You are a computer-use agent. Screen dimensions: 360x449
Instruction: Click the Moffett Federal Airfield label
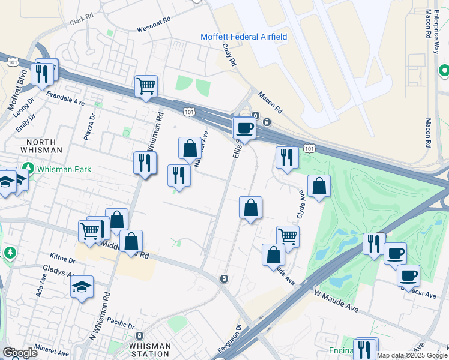pos(243,37)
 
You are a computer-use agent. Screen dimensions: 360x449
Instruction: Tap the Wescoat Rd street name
pos(154,28)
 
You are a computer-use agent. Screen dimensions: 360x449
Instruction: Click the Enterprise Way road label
pos(436,24)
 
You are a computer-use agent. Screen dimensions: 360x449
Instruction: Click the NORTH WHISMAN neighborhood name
pos(40,145)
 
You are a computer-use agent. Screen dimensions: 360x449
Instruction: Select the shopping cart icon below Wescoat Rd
pos(146,86)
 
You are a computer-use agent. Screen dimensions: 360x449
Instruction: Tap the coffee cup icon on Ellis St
pos(244,127)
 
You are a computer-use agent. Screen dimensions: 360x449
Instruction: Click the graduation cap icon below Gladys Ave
pos(82,287)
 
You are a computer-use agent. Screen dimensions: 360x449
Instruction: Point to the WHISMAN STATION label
pos(150,350)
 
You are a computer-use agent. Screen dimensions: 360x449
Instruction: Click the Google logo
pos(20,353)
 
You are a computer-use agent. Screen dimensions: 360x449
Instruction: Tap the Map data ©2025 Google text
pos(412,355)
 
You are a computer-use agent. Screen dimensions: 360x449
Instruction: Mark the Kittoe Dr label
pos(64,261)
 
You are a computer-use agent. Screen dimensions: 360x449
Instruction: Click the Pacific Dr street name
pos(122,325)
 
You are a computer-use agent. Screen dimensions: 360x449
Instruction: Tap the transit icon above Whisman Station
pos(139,336)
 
